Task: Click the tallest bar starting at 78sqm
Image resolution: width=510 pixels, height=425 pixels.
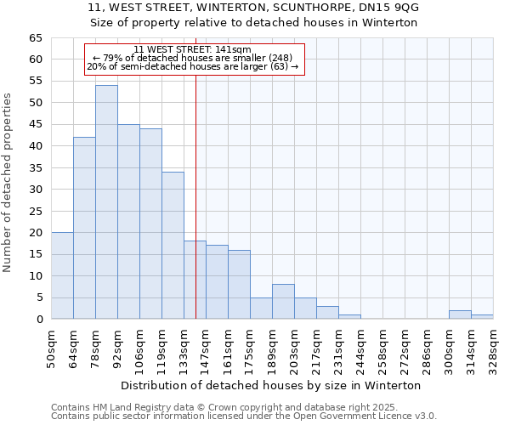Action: point(106,202)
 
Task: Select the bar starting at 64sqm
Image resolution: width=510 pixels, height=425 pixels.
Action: point(84,228)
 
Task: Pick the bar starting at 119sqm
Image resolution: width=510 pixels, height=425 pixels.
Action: point(173,246)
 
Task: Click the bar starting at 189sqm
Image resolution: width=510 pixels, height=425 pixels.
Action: point(283,302)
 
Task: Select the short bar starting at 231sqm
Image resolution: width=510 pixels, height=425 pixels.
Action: point(349,317)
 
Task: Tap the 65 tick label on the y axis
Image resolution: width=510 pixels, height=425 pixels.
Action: point(35,38)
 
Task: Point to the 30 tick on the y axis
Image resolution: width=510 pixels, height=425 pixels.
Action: point(35,190)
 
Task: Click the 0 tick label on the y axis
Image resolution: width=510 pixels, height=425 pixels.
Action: point(39,320)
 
